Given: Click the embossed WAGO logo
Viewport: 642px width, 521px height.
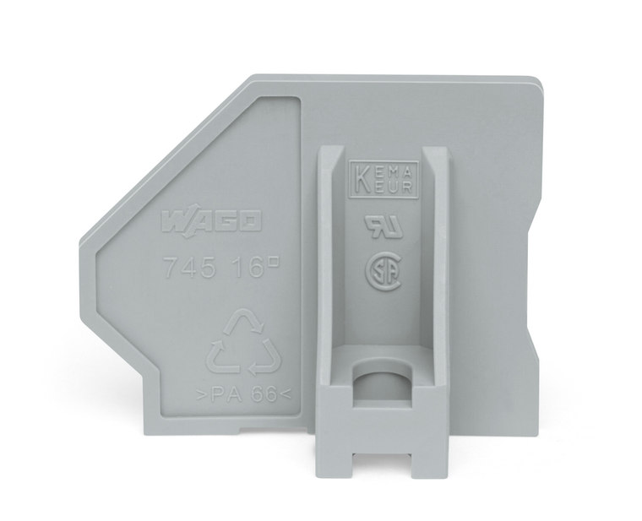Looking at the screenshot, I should click(210, 223).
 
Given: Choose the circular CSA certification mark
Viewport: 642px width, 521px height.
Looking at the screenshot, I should click(382, 273).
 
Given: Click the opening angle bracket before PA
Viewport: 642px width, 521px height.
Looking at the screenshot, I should click(199, 394).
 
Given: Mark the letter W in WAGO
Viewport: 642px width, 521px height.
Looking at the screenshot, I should click(174, 223).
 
